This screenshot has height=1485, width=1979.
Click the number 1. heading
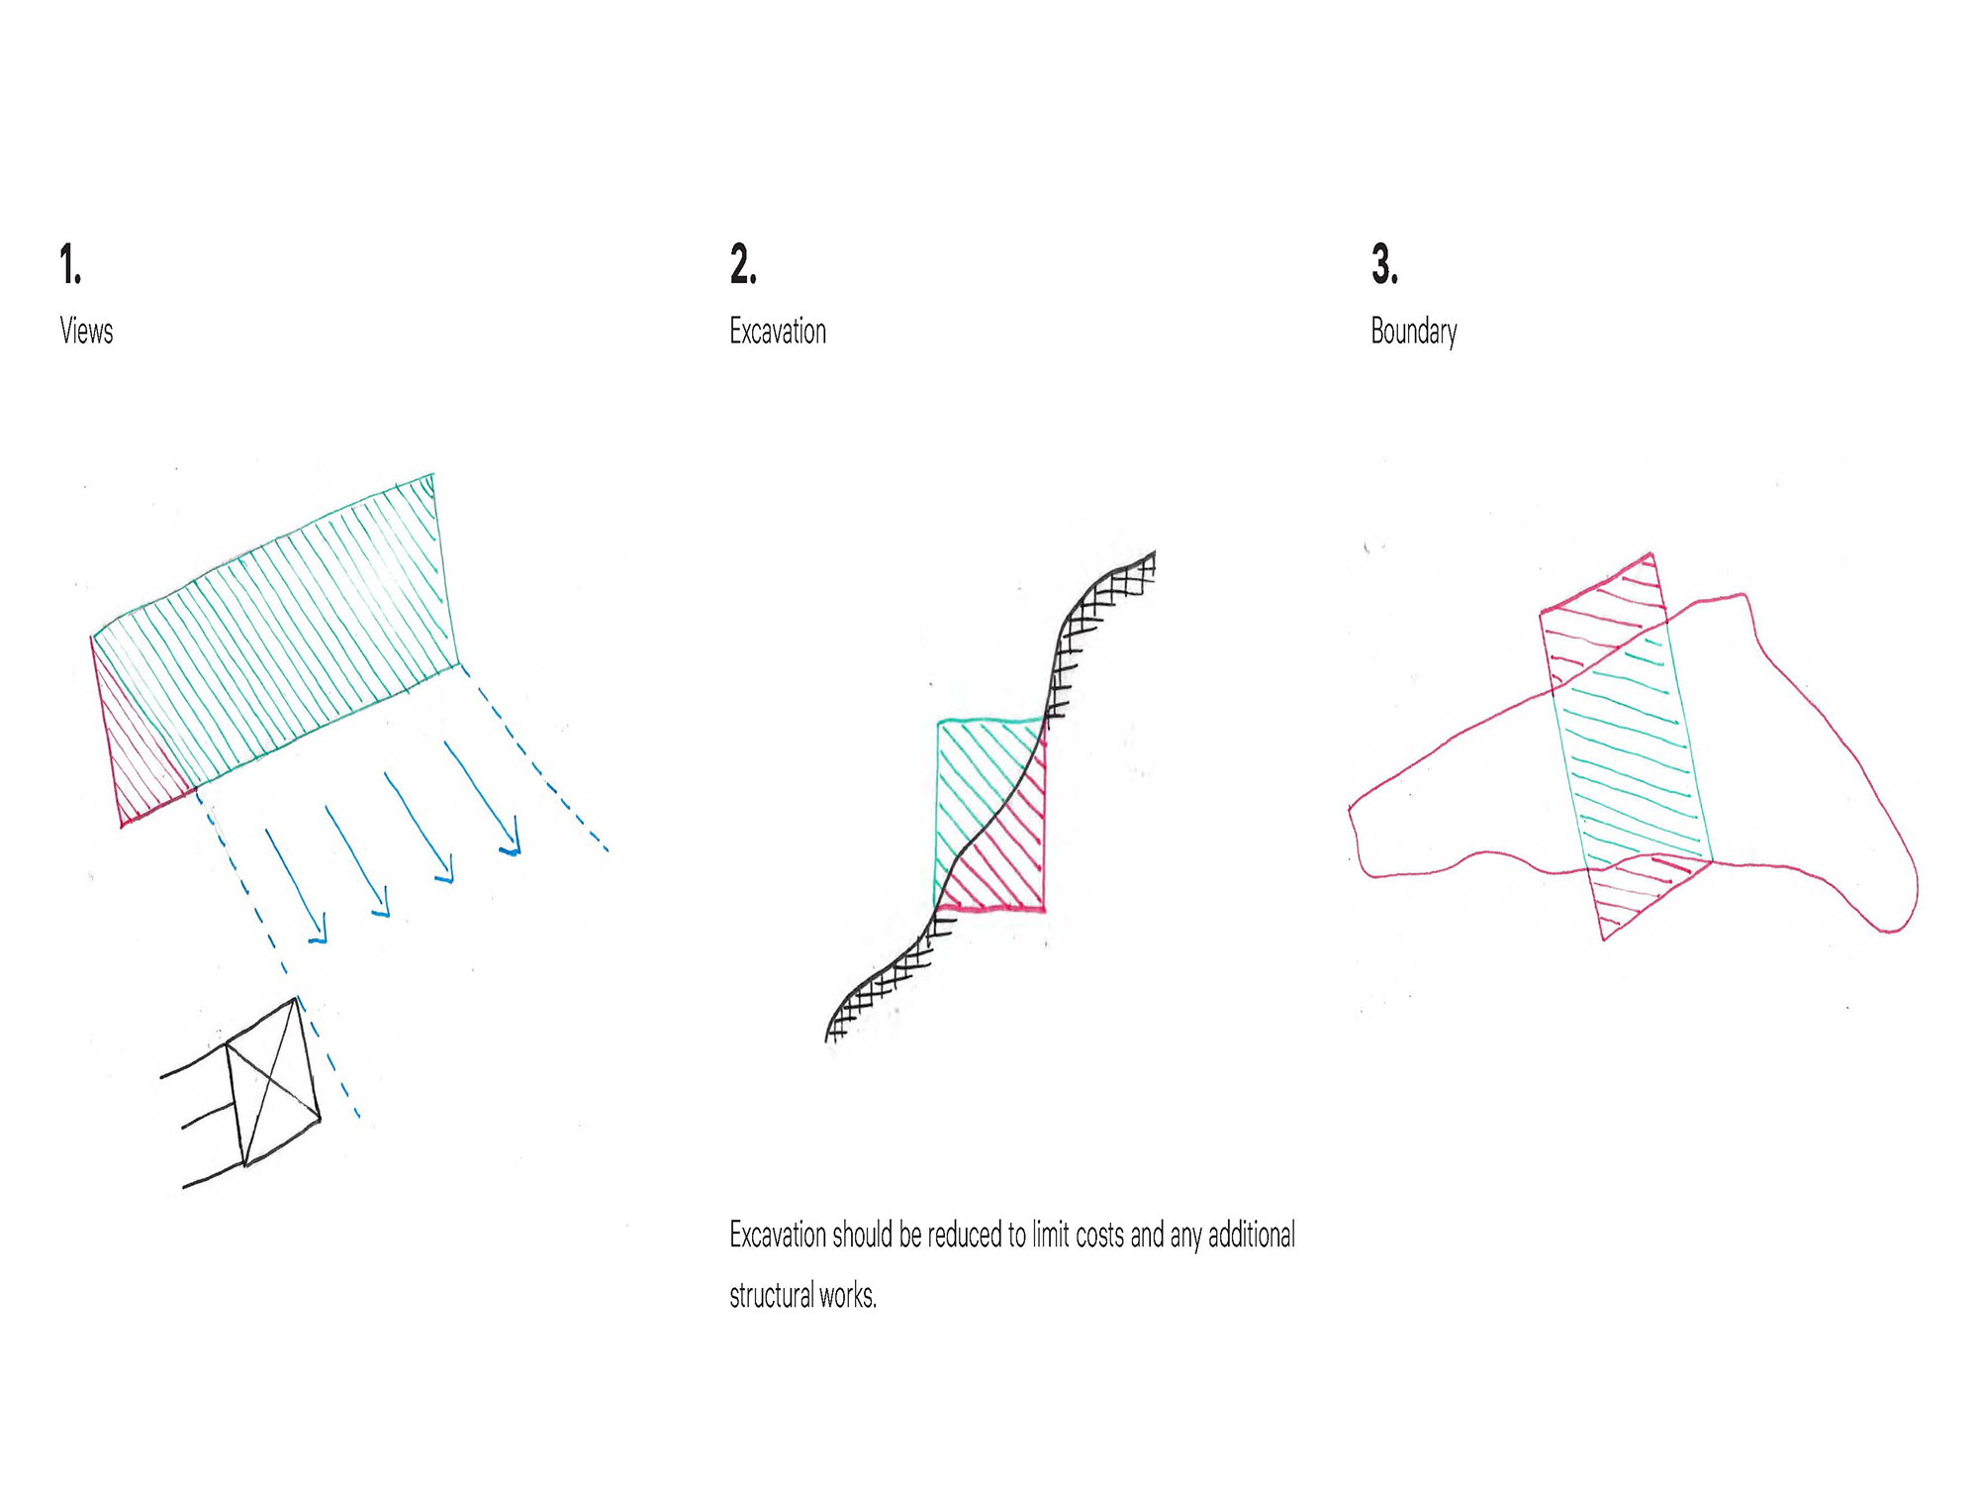70,264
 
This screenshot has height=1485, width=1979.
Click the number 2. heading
743,264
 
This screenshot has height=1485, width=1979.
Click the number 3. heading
1384,264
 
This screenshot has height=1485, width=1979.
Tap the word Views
86,331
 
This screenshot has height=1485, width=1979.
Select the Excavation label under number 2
778,331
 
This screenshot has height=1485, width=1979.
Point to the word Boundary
1414,332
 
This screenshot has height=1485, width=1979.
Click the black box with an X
273,1082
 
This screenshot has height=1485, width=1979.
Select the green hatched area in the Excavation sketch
975,782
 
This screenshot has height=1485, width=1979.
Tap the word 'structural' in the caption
771,1295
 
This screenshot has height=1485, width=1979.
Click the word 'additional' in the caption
1252,1236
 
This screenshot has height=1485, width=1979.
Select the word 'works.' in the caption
848,1295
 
